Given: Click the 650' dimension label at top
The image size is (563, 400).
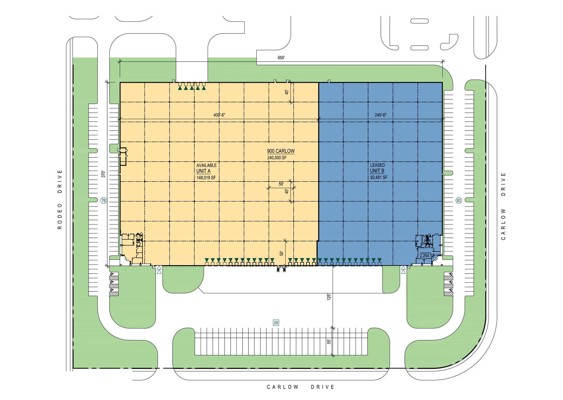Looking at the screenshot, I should coord(281,58).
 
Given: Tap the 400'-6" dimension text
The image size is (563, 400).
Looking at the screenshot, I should coord(219,115).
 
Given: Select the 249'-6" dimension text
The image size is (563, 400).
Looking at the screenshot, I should coord(380,115).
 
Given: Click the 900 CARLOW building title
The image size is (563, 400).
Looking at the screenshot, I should coord(281,151).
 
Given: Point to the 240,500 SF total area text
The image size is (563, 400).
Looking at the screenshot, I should coord(277,158).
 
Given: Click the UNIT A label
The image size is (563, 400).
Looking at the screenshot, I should coord(203,171).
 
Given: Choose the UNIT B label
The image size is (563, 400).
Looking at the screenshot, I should coord(377,171).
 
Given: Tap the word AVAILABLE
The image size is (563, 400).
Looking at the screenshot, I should coord(206,165).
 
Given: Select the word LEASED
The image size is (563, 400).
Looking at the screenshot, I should coord(377,165).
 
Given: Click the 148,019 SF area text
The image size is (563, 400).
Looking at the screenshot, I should coord(206,178).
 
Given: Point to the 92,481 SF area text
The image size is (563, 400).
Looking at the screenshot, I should coord(379,178).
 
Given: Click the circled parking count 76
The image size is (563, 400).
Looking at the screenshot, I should coord(104,201).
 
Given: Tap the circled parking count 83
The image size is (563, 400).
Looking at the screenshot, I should coord(459,201).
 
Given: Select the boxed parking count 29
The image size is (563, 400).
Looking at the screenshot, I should coord(276,323).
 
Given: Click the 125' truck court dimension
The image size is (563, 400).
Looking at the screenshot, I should coord(329,297).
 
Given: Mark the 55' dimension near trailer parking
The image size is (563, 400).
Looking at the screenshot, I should coord(329,342).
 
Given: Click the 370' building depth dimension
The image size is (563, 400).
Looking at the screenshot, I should coord(103,174).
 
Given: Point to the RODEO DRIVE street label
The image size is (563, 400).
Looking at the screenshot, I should coord(60,199).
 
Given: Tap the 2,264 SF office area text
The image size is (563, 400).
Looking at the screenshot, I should coord(427,256).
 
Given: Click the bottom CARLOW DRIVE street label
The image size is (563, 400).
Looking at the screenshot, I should coord(301,387).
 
